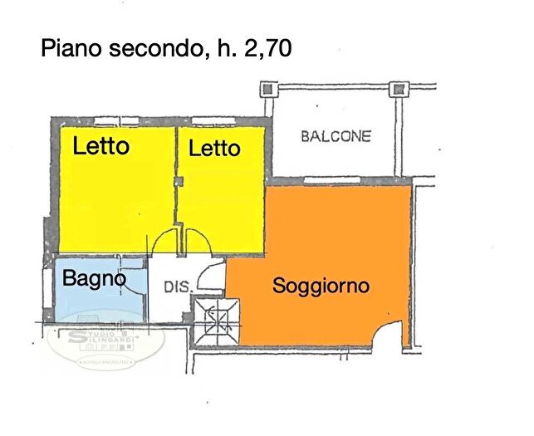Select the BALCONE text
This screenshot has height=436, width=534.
336,136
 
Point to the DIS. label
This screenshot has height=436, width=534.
178,287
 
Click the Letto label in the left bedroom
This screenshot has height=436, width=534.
101,147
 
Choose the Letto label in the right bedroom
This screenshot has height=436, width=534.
214,149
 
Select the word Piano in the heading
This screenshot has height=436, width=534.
72,49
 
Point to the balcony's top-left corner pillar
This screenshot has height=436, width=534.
267,88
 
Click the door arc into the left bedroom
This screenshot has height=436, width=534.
163,240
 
